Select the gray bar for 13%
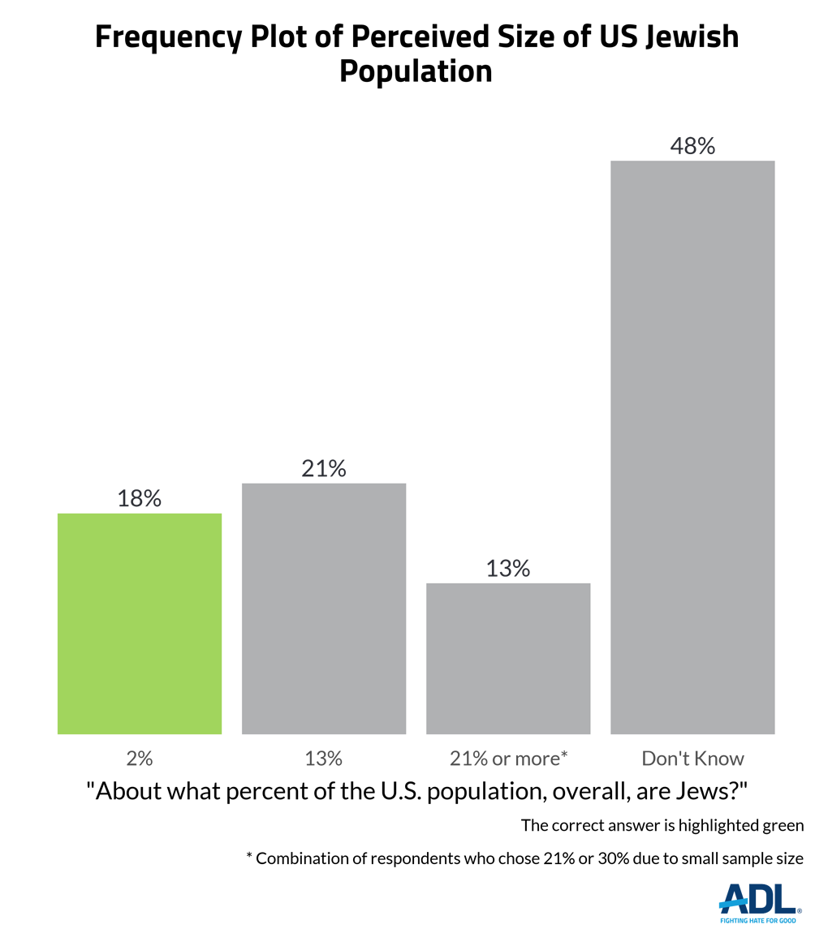(324, 608)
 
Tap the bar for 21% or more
(508, 658)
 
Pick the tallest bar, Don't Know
(692, 447)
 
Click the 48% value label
(692, 146)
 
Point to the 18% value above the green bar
(140, 498)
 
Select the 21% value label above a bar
(324, 468)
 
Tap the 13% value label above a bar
(508, 568)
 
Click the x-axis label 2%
(140, 759)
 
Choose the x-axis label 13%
(324, 759)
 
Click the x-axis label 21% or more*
(508, 759)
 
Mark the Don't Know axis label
(692, 759)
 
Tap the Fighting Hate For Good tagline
(759, 921)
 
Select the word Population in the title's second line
(415, 71)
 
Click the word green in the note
(782, 826)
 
